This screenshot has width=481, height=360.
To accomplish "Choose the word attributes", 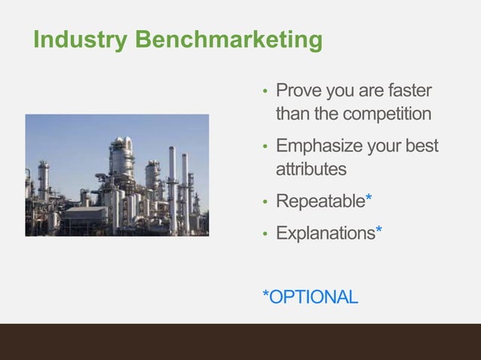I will tap(311, 169).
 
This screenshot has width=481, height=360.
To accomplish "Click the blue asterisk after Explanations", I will tap(378, 231).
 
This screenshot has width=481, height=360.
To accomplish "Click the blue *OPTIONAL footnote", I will tap(310, 297).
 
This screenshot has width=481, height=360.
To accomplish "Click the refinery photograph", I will tap(117, 175).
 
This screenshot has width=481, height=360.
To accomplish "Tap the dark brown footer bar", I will tap(240, 342).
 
